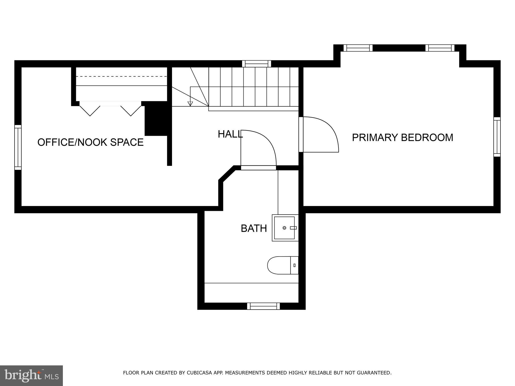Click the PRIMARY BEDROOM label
(402, 137)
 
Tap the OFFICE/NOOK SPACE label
(91, 142)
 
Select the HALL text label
(230, 134)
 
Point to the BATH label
(254, 228)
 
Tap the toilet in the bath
(282, 265)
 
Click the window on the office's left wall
(18, 147)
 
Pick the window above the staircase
(256, 64)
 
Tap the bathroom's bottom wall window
(263, 306)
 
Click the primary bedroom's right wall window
(497, 137)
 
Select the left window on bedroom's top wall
(358, 48)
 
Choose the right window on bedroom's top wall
(440, 48)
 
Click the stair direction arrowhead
(190, 104)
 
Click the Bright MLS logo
(31, 376)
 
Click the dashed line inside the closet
(121, 76)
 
